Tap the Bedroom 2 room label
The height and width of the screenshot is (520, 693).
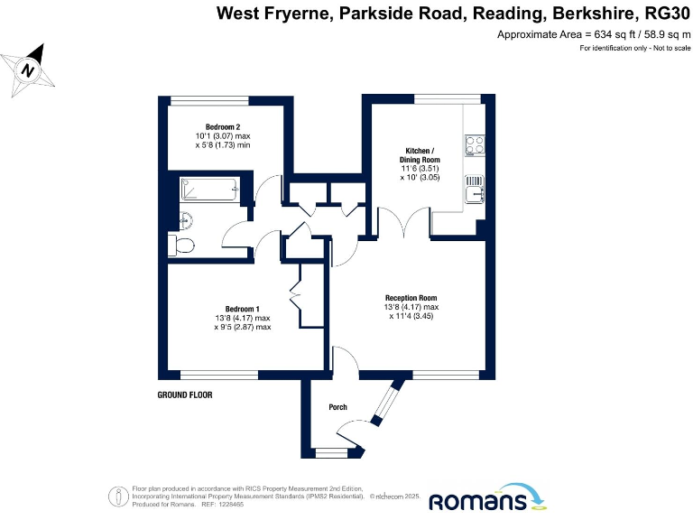pyautogui.click(x=222, y=125)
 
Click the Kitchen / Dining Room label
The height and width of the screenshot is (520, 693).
pyautogui.click(x=419, y=154)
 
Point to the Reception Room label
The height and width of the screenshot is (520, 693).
pyautogui.click(x=411, y=298)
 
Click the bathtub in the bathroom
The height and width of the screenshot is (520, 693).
pyautogui.click(x=208, y=189)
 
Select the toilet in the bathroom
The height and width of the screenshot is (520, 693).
pyautogui.click(x=182, y=246)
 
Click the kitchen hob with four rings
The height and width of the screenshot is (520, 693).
pyautogui.click(x=476, y=144)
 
